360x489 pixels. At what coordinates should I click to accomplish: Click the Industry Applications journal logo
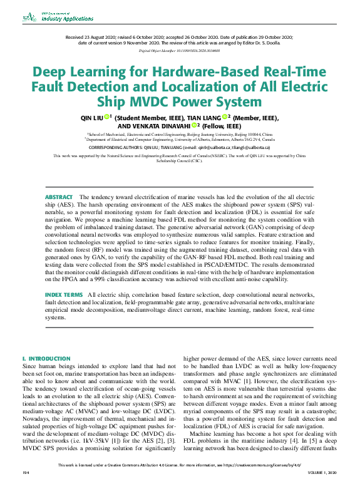(58, 17)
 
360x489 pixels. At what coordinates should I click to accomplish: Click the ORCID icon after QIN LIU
(107, 116)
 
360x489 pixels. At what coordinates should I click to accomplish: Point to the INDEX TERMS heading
(63, 294)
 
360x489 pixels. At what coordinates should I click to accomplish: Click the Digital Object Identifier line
(179, 49)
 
